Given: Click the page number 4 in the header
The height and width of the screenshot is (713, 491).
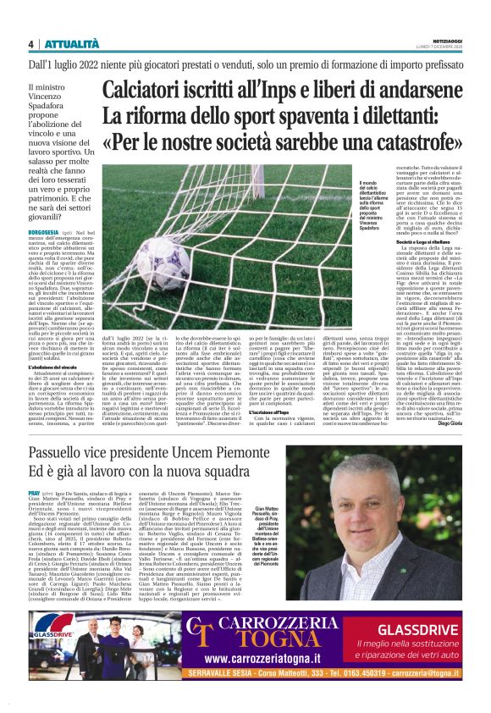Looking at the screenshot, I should [x=30, y=44].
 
